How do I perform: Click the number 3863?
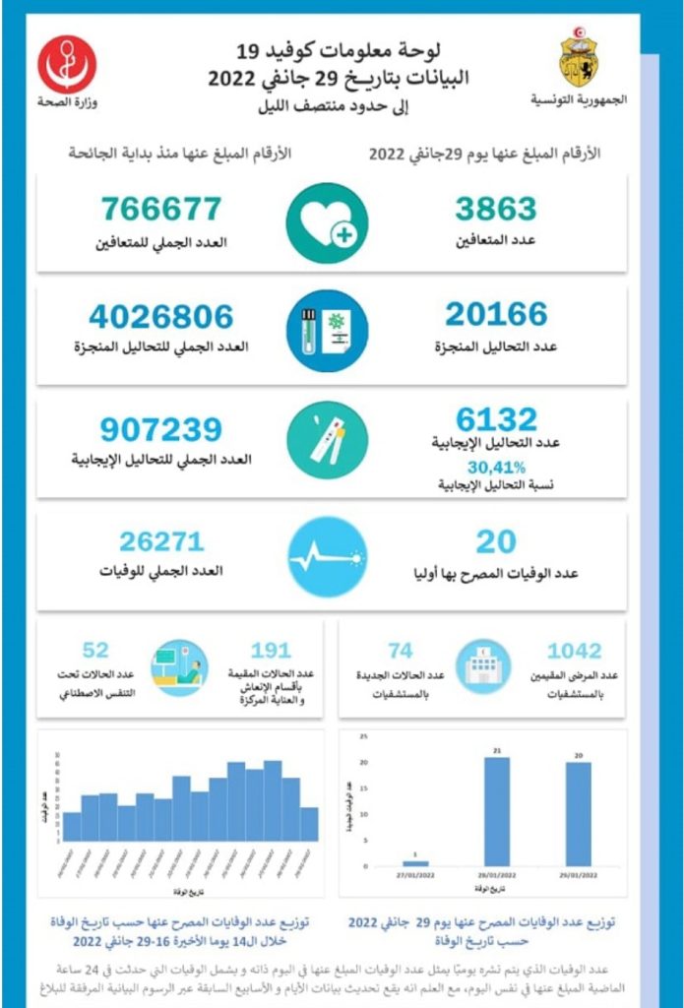coord(495,209)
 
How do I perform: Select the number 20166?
coord(495,314)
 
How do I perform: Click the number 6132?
coord(496,419)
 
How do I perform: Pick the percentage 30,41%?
coord(496,467)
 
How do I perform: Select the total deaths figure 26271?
coord(161,541)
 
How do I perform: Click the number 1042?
coord(575,651)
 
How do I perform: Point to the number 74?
coord(400,651)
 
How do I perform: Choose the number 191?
coord(271,651)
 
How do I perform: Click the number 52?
coord(95,651)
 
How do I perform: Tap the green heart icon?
coord(327,223)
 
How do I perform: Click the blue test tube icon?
coord(327,330)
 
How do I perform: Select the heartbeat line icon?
coord(327,555)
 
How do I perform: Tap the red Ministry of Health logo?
coord(67,65)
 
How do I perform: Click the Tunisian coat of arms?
coord(578,58)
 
